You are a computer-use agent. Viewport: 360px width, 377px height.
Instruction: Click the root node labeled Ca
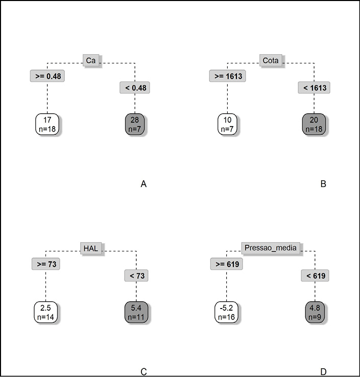tap(91, 61)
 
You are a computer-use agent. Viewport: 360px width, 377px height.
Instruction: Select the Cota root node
tap(270, 61)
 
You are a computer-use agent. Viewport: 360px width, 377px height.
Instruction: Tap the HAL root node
tap(92, 249)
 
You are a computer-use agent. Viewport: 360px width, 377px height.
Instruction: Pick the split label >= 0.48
tap(46, 76)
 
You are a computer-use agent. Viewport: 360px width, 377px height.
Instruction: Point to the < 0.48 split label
tap(135, 88)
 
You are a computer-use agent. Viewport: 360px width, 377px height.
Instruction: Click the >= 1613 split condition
tap(227, 76)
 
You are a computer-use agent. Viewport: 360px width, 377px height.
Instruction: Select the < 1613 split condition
tap(315, 88)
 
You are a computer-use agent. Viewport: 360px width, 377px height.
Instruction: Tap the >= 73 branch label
tap(46, 264)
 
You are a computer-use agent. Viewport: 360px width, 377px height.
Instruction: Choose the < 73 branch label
tap(136, 276)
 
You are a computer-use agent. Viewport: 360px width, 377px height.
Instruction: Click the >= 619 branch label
tap(226, 264)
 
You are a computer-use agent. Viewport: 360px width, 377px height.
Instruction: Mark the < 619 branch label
tap(315, 276)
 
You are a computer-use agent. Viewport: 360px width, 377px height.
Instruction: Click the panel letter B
tap(323, 184)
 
